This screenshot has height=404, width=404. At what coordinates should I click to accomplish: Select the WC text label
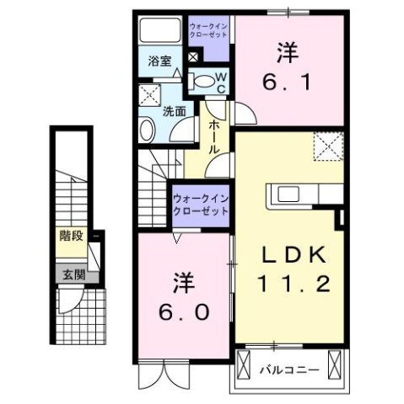pos(218,81)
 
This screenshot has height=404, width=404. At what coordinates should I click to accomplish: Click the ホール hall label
pos(215,135)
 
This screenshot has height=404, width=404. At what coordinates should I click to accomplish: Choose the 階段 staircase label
pos(70,237)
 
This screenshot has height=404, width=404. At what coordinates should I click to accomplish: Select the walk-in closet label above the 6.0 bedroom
pos(200,204)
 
